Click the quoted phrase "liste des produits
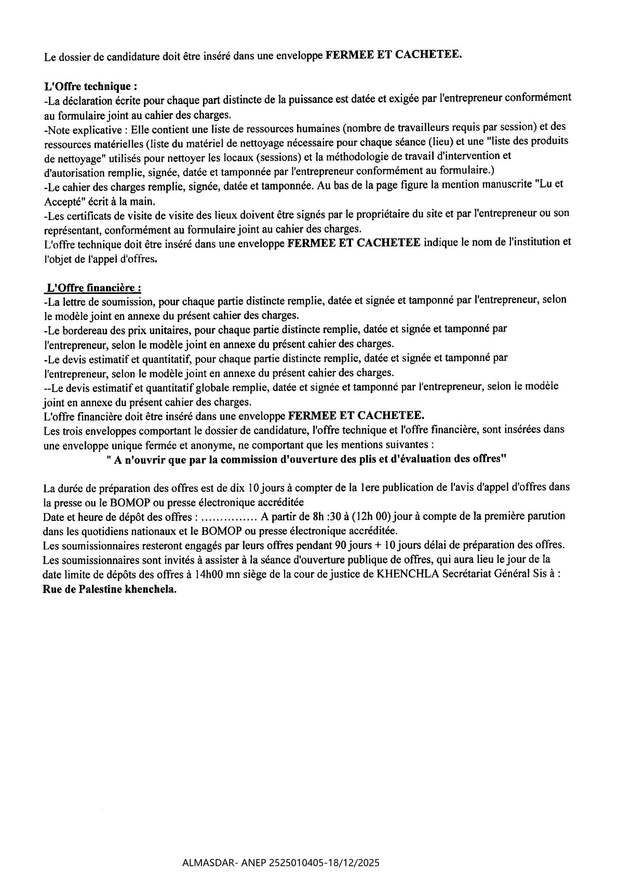pyautogui.click(x=510, y=141)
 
